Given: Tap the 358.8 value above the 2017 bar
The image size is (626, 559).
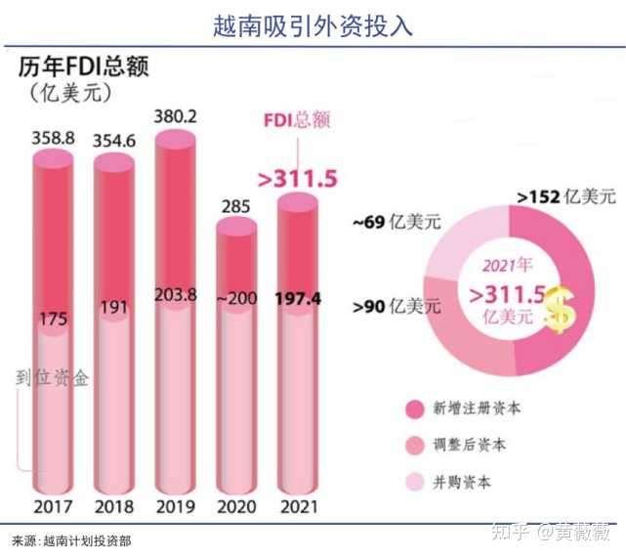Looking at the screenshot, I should point(53,138).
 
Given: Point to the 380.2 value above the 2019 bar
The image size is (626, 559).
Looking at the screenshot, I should point(176,116).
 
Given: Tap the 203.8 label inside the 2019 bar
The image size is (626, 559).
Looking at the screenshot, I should point(176,295).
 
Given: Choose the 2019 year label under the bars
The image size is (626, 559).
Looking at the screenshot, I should point(176,507).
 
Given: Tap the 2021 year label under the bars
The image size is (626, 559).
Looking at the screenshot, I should point(299,507).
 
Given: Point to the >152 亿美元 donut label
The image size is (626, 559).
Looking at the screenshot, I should point(565,198).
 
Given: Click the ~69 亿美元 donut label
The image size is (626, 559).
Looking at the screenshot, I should point(395,223).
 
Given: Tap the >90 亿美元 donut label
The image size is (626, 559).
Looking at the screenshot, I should point(395,307).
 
